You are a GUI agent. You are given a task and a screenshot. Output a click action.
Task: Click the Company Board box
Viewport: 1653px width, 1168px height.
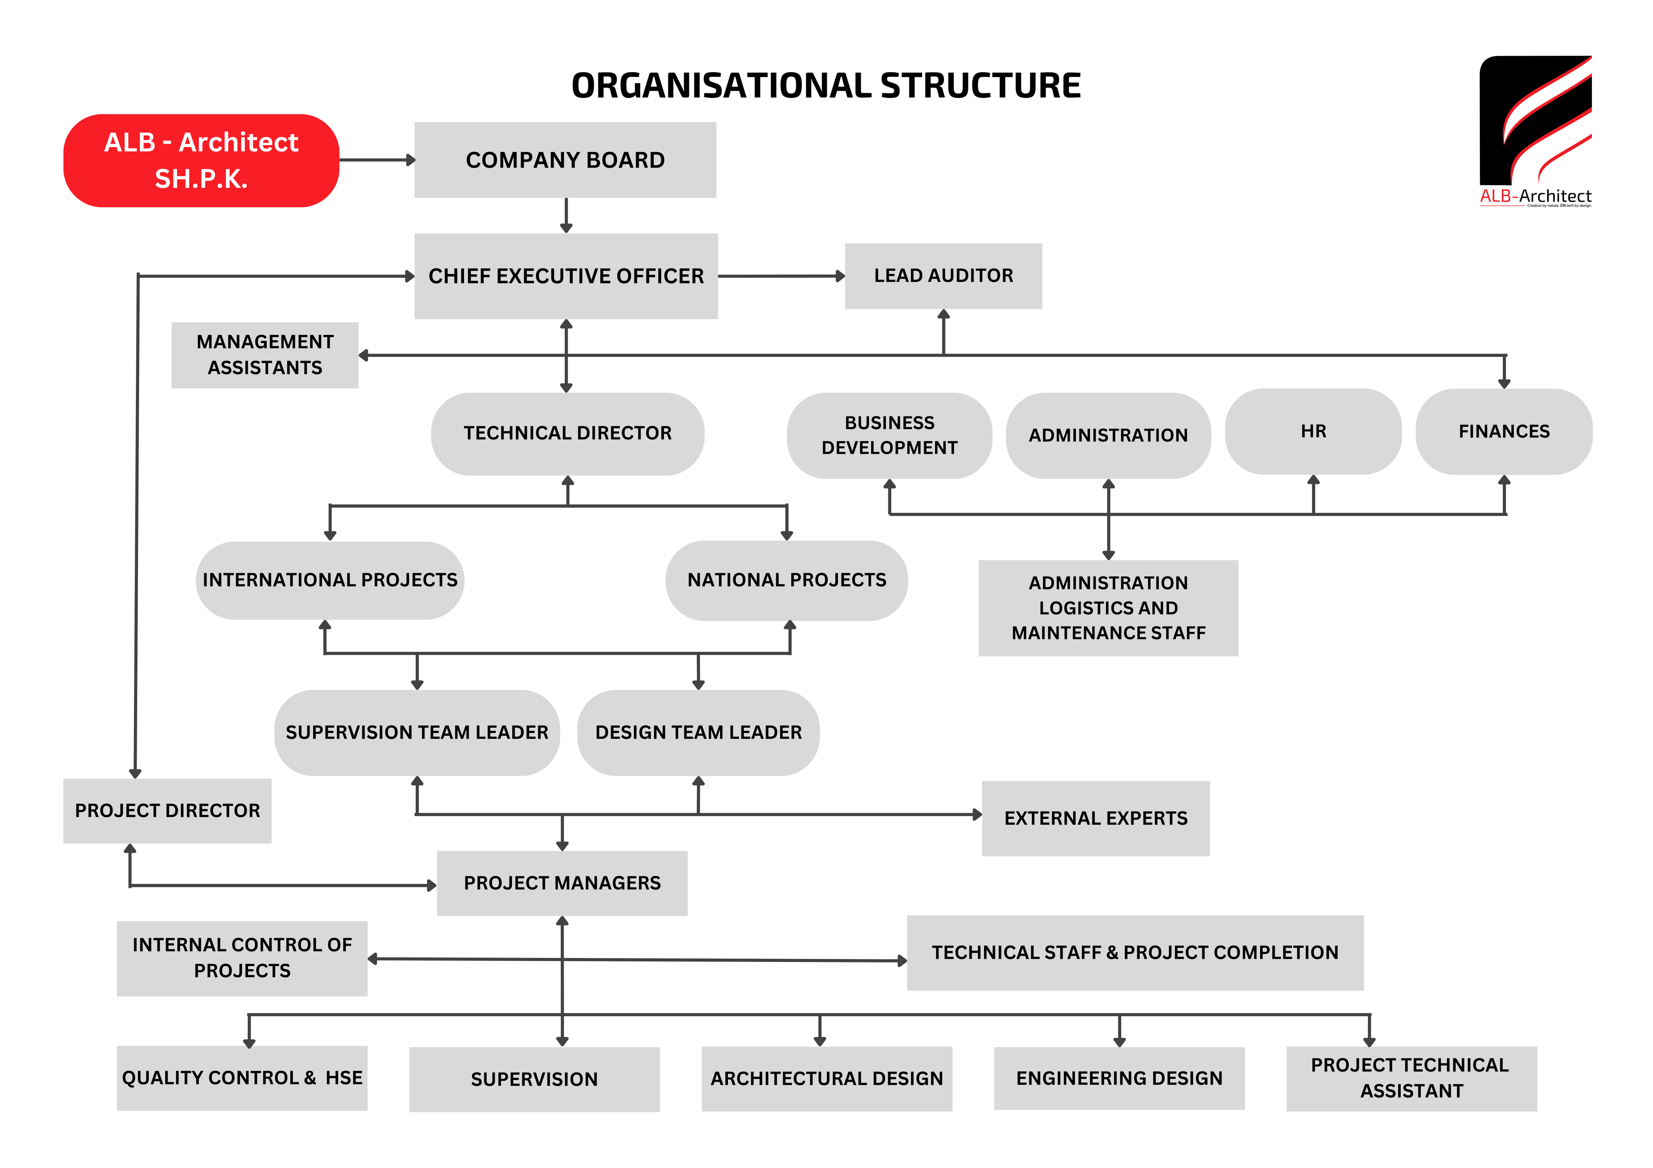click(x=565, y=160)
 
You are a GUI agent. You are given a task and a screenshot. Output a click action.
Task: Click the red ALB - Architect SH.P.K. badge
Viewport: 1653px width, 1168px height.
click(x=202, y=160)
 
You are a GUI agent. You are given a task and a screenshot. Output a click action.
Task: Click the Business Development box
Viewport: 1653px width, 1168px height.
click(x=889, y=435)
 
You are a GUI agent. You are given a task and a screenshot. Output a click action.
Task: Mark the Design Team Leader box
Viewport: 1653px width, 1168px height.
click(x=698, y=733)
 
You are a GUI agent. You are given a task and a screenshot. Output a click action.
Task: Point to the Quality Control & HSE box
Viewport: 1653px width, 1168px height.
click(x=242, y=1078)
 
